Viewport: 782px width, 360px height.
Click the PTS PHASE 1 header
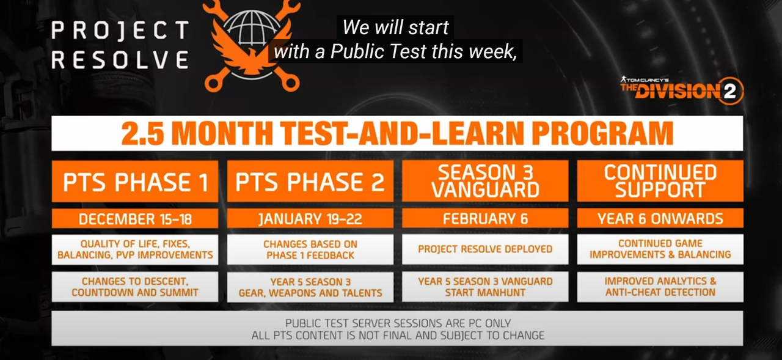point(135,181)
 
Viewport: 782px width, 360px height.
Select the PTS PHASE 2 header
point(310,181)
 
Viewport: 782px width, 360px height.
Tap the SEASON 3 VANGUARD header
point(485,181)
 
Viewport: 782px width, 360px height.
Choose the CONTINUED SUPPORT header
point(660,181)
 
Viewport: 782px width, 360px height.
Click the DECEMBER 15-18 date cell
point(135,219)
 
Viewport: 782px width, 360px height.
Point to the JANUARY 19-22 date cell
point(310,219)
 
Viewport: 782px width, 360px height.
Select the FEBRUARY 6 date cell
point(485,218)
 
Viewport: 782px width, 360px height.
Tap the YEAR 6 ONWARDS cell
point(660,218)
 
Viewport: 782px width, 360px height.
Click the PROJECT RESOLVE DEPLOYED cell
point(485,249)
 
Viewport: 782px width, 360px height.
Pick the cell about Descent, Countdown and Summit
point(135,287)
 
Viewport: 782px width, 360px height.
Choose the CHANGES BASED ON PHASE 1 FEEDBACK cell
point(310,249)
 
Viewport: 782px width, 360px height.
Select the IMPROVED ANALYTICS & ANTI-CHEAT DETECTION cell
point(660,287)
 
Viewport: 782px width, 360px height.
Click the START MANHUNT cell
point(485,287)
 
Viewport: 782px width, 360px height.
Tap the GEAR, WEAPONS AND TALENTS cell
point(310,287)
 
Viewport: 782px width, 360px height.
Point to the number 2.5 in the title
point(142,134)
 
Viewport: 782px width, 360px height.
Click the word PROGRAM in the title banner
point(602,133)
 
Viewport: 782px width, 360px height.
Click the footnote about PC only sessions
point(397,329)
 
